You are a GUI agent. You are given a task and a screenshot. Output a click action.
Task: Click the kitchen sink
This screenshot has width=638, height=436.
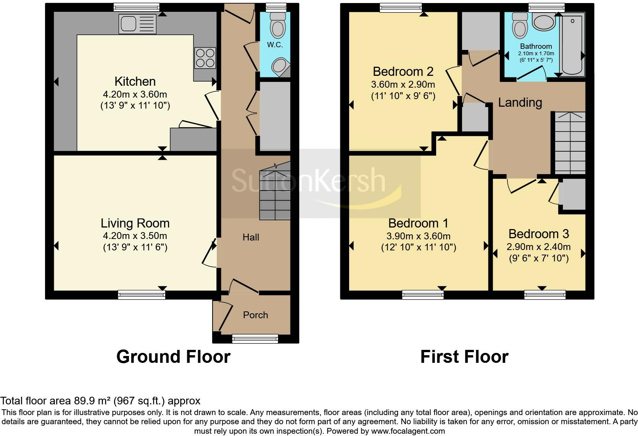138,24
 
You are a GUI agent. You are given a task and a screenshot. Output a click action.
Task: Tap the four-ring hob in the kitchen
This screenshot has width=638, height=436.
205,58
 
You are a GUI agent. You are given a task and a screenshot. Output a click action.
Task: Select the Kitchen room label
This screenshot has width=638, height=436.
135,82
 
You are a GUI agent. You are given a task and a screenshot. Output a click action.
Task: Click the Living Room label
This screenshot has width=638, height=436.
135,223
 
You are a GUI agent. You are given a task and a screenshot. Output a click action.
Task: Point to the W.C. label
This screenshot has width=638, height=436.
275,45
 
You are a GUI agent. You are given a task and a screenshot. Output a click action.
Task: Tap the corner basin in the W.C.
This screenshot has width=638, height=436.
280,67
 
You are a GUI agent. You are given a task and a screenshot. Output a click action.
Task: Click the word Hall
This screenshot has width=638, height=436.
251,237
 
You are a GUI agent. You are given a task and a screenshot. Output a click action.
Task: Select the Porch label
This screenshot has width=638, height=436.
256,315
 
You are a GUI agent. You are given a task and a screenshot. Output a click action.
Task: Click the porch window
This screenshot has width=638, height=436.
255,338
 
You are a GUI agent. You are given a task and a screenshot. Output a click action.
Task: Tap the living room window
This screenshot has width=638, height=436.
142,295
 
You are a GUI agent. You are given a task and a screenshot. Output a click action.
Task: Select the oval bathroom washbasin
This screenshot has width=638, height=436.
543,22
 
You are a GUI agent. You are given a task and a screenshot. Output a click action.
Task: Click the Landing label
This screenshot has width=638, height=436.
520,103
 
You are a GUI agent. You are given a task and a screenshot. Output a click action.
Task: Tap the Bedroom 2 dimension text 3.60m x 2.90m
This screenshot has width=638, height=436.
403,85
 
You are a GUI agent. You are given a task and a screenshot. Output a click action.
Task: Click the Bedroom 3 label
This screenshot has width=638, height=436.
538,234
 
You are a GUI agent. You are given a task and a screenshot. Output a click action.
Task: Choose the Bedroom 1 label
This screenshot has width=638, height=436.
418,223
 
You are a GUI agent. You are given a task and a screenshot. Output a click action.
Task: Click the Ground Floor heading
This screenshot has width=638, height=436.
173,357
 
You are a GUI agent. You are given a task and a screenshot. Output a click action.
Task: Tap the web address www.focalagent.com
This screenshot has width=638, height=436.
408,431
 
